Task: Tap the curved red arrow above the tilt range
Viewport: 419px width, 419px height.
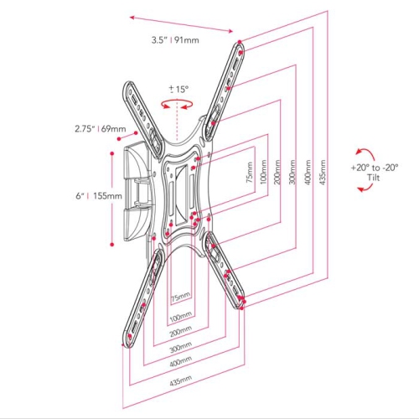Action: coord(363,152)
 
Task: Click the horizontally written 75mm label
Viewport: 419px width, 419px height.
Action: coord(179,297)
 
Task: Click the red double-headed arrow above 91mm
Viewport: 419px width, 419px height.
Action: coord(183,23)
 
